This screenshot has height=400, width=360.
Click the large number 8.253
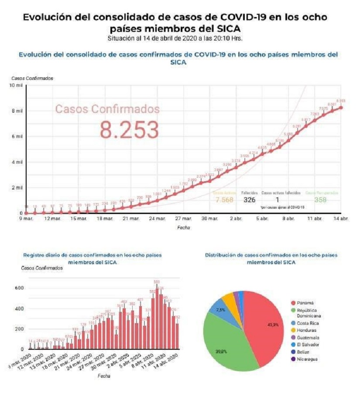click(129, 130)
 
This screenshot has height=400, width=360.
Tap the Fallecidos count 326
click(250, 200)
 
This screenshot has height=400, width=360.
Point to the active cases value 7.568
click(224, 200)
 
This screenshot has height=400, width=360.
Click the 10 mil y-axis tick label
click(16, 86)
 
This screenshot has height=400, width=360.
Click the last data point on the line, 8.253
click(341, 107)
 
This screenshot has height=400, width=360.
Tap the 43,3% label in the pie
click(274, 324)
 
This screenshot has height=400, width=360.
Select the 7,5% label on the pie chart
click(221, 310)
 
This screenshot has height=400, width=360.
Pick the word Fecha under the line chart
click(183, 228)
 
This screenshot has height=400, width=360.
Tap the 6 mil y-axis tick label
click(17, 136)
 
